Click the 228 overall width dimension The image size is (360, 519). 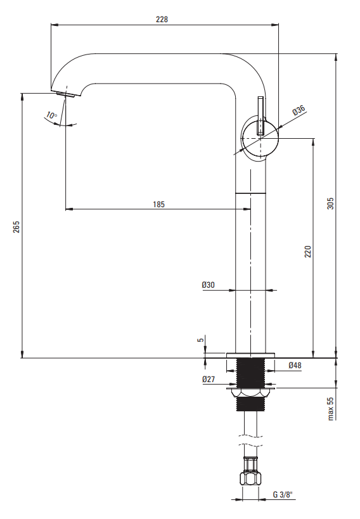coord(162,20)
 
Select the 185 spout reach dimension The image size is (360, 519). coord(158,205)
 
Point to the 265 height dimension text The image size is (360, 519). coord(16,227)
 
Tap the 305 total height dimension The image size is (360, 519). coord(330,203)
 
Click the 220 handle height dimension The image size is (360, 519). coord(308,252)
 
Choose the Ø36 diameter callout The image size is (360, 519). coord(299,110)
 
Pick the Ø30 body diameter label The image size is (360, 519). coord(209,285)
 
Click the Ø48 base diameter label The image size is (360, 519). coord(295,365)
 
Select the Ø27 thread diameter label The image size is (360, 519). coord(209,380)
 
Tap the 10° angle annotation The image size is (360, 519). coord(51,115)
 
